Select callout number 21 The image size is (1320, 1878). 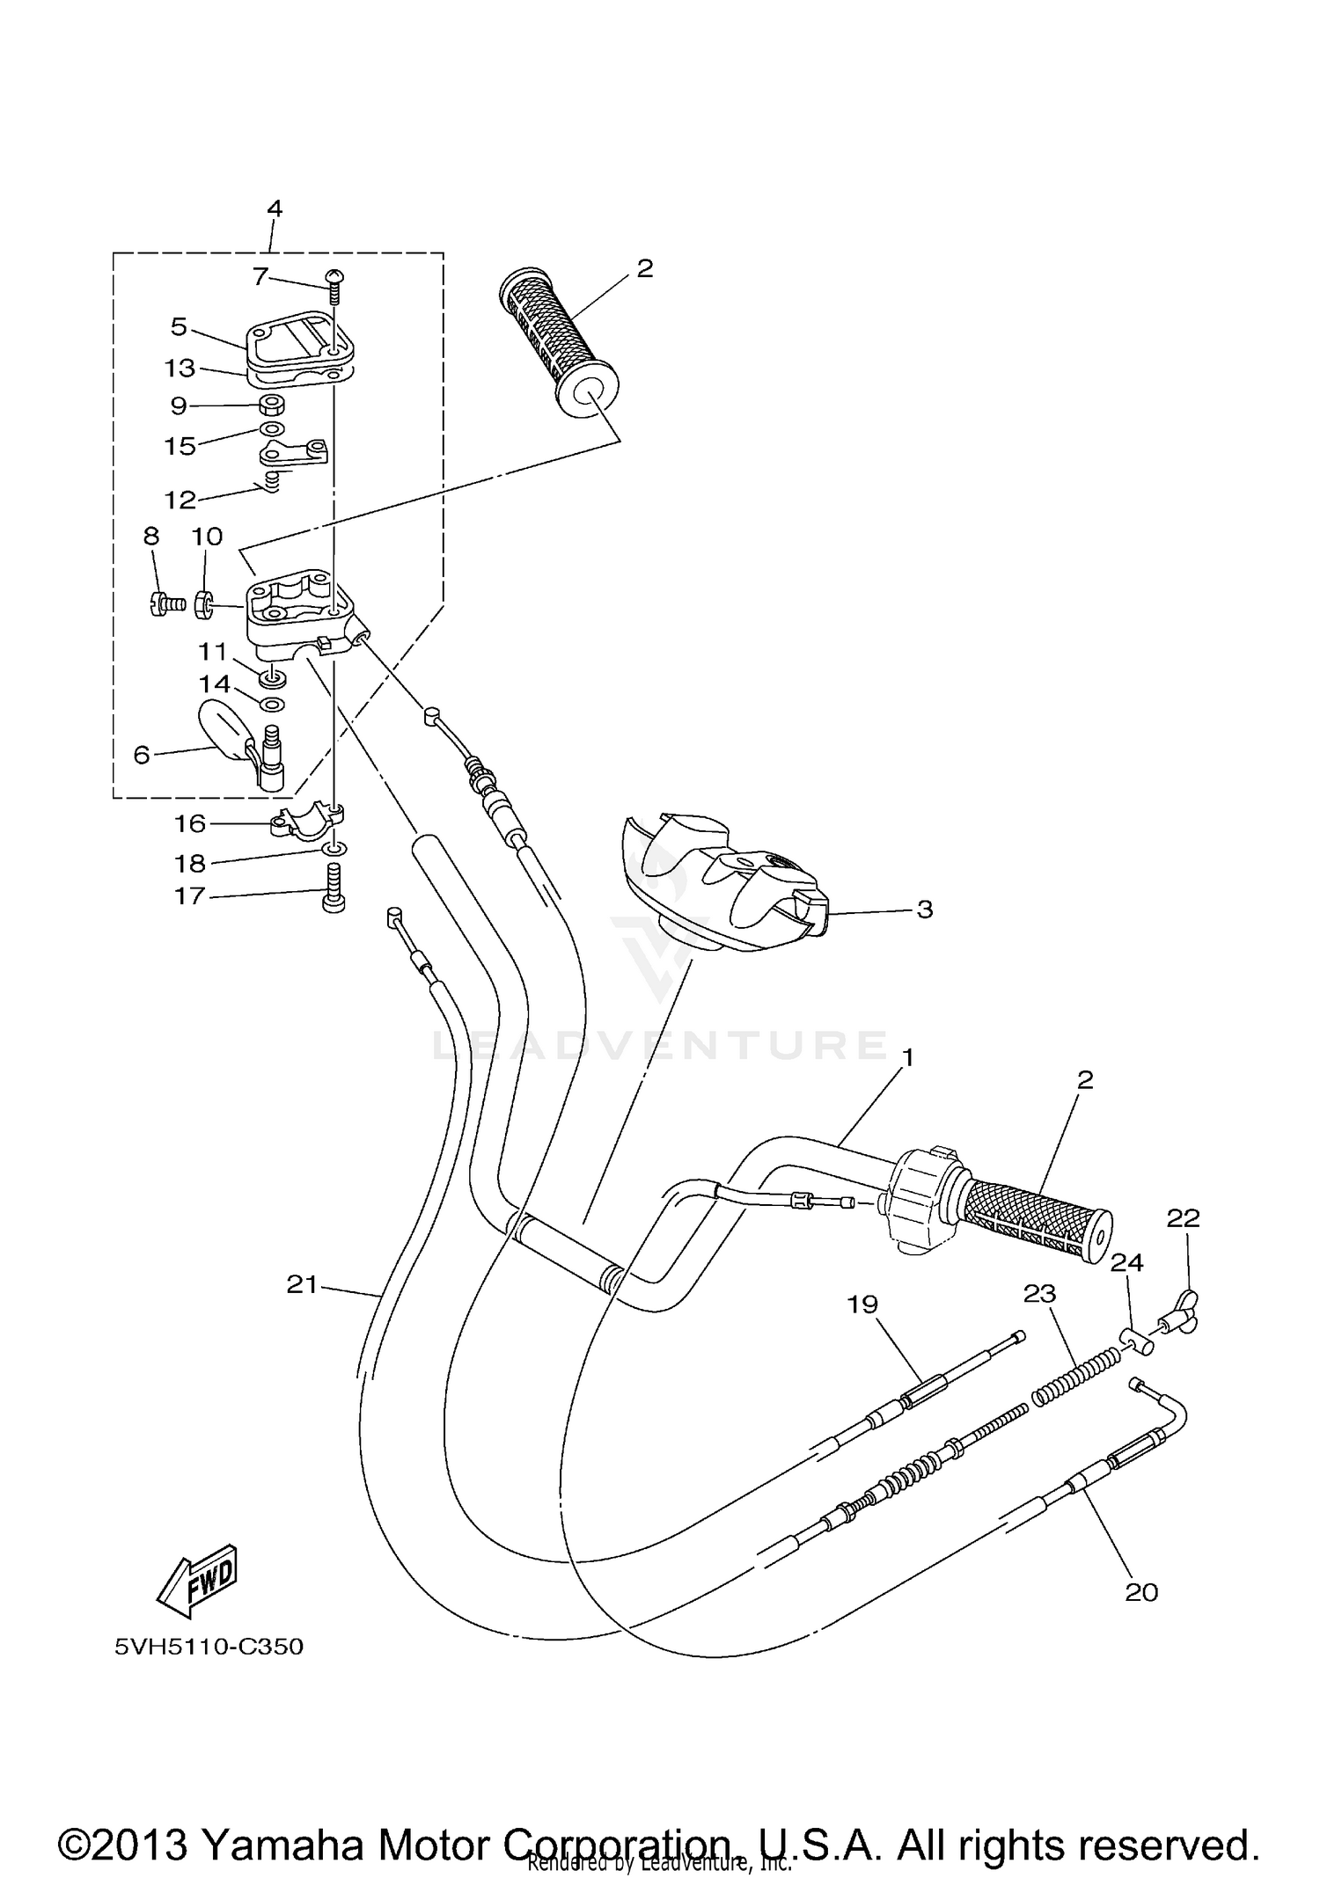(302, 1285)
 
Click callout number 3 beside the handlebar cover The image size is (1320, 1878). (924, 910)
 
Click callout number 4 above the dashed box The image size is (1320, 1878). (275, 209)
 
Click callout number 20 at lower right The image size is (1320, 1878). (1141, 1592)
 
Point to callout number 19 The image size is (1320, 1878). (862, 1304)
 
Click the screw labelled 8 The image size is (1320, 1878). (165, 603)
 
